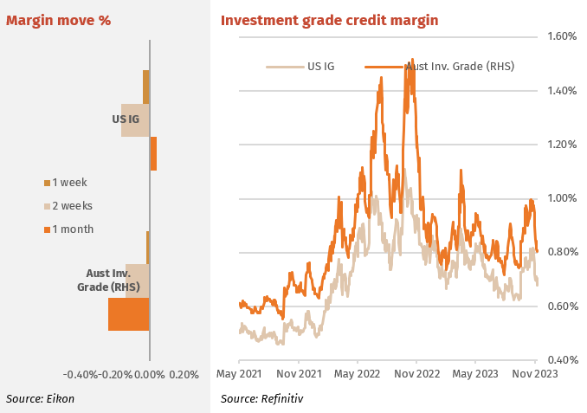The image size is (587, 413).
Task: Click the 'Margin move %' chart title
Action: pos(58,20)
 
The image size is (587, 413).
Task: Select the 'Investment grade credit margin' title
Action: pos(330,20)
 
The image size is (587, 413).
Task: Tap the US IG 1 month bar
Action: pos(153,153)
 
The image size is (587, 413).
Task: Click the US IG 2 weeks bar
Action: pos(135,120)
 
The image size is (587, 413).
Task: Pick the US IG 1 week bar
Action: pos(146,87)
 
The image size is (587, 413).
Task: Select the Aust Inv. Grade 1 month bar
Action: pos(129,314)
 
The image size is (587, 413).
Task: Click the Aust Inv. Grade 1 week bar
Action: pos(148,248)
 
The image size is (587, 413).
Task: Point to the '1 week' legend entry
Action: pos(66,183)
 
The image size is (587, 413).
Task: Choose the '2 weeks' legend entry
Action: pos(68,206)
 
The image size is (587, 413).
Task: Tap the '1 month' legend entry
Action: pos(68,229)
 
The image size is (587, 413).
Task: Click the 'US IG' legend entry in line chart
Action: pos(300,67)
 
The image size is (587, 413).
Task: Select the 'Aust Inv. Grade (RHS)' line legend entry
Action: pos(440,67)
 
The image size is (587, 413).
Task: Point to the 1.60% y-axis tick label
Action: pos(562,36)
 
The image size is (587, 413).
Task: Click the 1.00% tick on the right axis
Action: pos(562,198)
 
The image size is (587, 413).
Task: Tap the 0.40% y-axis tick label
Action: pos(563,360)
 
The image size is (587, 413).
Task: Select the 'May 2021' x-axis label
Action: pos(239,374)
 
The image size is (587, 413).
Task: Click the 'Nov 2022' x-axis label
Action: pos(416,374)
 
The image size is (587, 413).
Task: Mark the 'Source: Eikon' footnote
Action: pos(40,399)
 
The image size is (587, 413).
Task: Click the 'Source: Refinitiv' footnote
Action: pos(261,399)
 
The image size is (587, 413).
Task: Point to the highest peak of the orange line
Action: pos(412,59)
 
